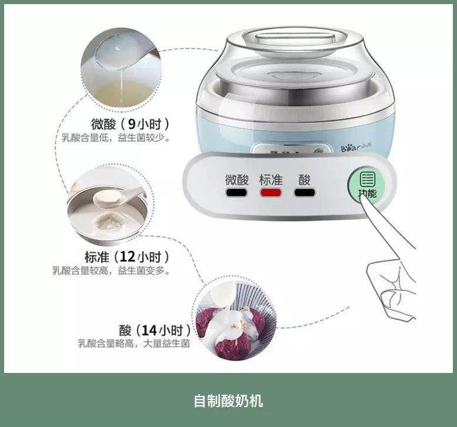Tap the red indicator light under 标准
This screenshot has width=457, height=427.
271,193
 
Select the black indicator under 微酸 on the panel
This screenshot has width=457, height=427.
237,193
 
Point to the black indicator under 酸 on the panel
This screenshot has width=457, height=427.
304,193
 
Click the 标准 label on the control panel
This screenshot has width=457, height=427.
271,179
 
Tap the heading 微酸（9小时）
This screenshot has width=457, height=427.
130,124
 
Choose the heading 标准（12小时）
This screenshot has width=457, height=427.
127,257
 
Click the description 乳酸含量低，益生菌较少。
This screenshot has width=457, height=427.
117,138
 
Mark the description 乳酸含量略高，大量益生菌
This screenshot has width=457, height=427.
134,344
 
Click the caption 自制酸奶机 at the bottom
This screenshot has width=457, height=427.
228,401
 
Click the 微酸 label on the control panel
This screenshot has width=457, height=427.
237,179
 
